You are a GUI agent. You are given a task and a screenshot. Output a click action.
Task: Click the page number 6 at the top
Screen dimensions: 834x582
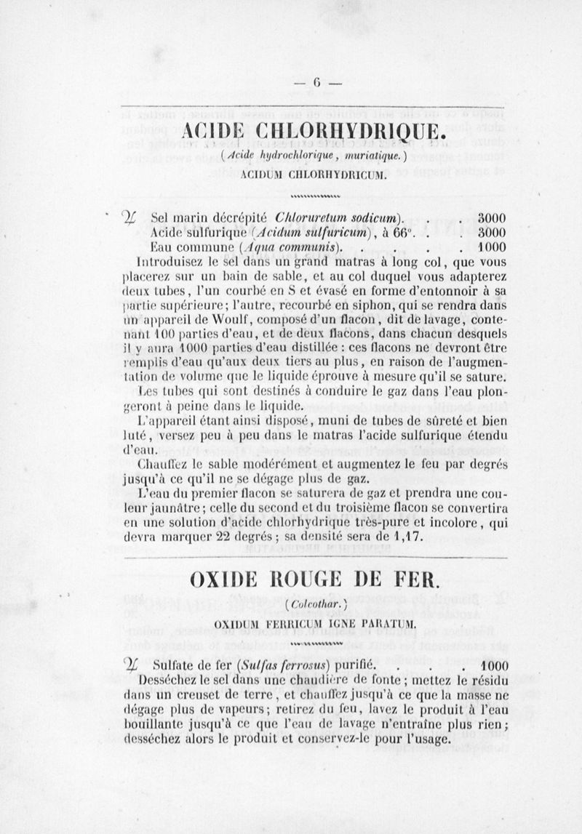point(317,82)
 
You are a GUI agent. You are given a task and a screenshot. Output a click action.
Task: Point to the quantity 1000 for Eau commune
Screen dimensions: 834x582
point(492,247)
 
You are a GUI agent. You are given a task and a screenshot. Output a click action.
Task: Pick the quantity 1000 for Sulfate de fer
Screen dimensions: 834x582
point(492,665)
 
